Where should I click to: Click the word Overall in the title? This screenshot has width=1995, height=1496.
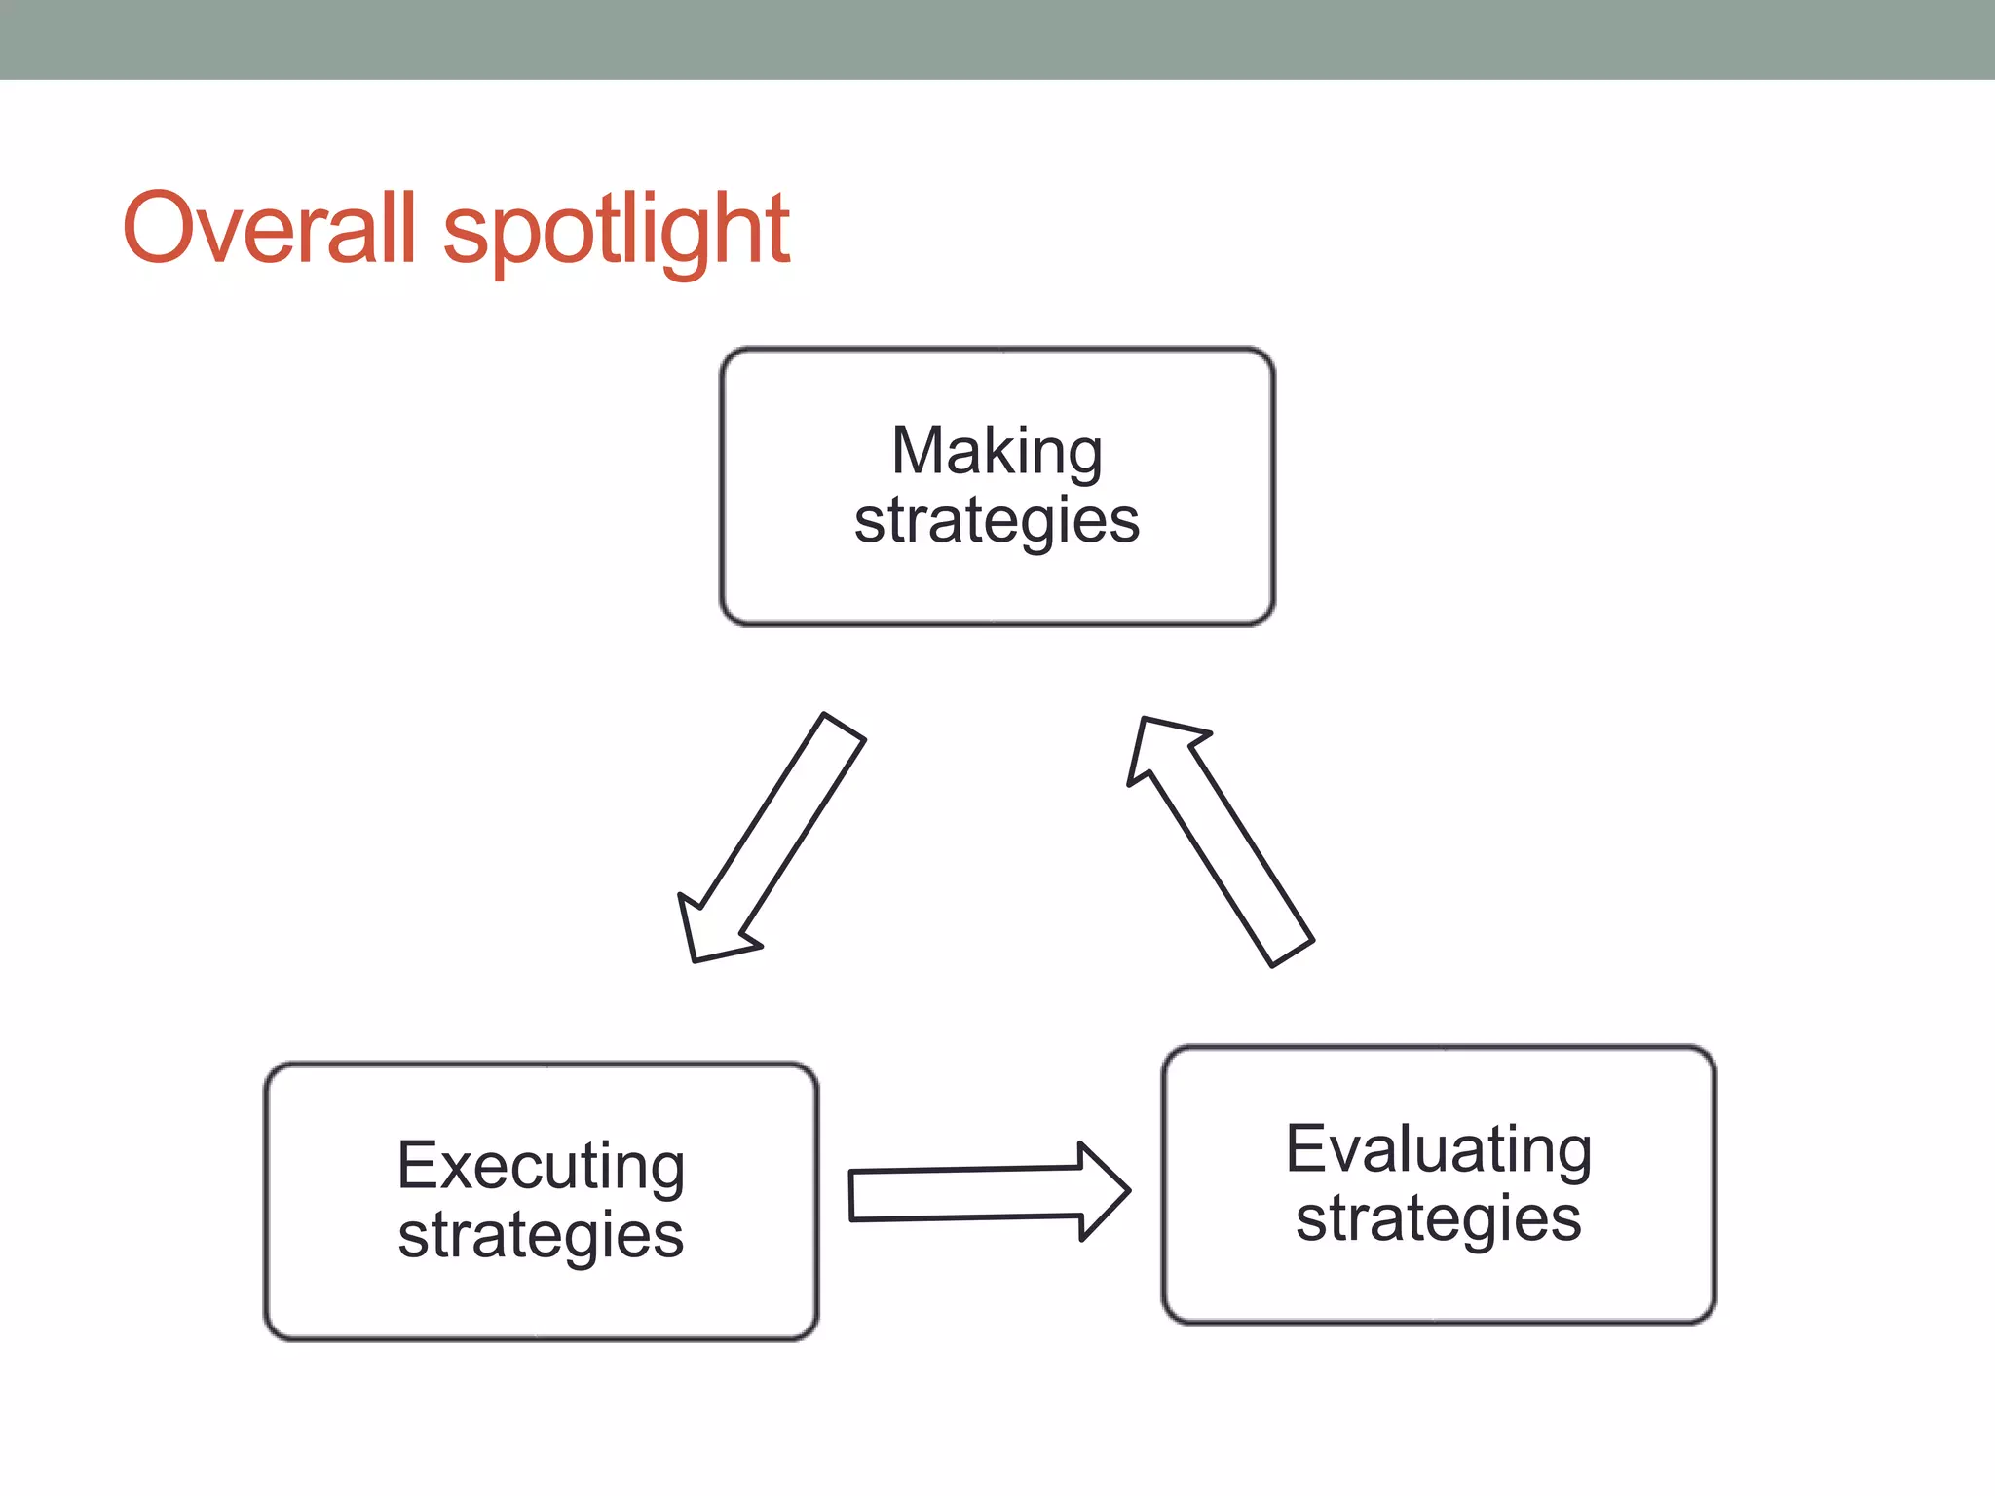point(269,228)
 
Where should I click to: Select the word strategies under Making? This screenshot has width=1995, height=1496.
point(997,521)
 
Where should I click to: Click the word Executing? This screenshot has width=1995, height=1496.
point(541,1166)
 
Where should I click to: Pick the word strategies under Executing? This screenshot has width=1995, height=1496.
point(541,1235)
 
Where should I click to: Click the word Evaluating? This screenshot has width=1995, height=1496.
point(1438,1149)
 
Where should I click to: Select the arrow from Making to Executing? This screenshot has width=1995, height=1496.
point(779,828)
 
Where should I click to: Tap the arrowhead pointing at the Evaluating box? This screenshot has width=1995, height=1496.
point(1106,1191)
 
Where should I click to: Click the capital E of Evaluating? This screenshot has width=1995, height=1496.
point(1305,1148)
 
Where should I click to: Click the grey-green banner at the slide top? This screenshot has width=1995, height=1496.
point(997,39)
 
